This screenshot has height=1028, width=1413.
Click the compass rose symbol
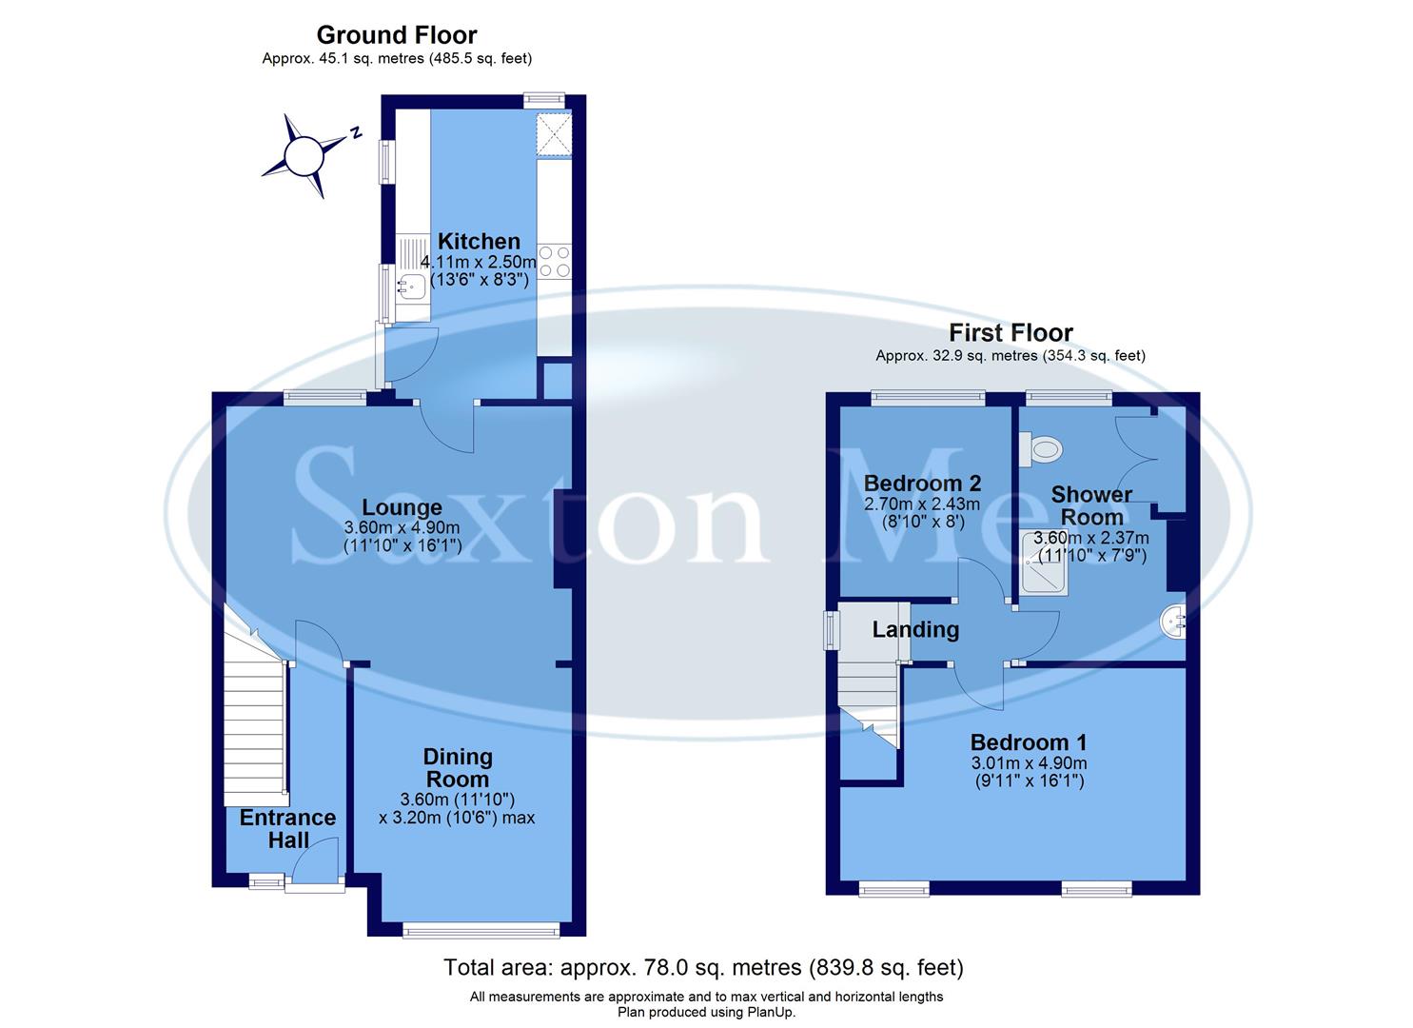(306, 155)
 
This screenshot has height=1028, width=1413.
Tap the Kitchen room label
(479, 242)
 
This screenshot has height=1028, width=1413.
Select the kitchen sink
(412, 283)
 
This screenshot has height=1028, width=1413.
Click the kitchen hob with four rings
(554, 262)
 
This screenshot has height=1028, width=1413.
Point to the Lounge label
(402, 508)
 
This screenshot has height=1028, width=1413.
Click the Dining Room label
(458, 767)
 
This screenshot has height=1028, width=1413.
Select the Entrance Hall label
(287, 829)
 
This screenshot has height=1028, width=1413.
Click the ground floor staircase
(255, 723)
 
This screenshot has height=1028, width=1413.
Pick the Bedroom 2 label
(922, 484)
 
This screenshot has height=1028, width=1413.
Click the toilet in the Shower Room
(1039, 448)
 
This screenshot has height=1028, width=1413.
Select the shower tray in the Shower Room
(1045, 563)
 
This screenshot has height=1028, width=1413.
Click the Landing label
(915, 630)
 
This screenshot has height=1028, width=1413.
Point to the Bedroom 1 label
(1029, 742)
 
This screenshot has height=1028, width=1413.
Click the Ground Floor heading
(396, 35)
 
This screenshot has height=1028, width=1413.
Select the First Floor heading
(1011, 333)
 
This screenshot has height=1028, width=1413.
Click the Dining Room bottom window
(481, 929)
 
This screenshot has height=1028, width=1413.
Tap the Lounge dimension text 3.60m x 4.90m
(402, 528)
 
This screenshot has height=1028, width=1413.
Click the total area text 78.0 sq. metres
(703, 968)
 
